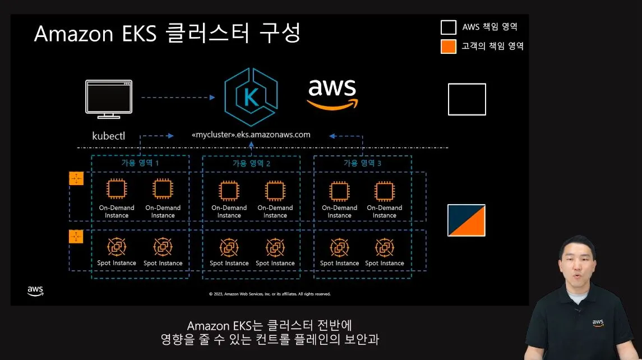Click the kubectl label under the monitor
click(108, 136)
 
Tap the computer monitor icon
click(108, 99)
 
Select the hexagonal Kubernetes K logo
click(251, 97)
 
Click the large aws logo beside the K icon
click(332, 94)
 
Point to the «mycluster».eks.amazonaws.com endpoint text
click(251, 135)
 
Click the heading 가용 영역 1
click(140, 163)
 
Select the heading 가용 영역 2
click(251, 163)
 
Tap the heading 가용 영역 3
click(362, 163)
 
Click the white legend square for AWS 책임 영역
click(449, 27)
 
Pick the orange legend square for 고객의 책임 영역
click(449, 47)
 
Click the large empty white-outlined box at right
click(467, 99)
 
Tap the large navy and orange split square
click(467, 220)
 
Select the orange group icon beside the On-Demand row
click(76, 178)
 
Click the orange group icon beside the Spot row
click(76, 237)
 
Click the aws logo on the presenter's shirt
click(598, 323)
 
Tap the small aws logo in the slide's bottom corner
click(35, 290)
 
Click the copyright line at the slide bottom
click(270, 294)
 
